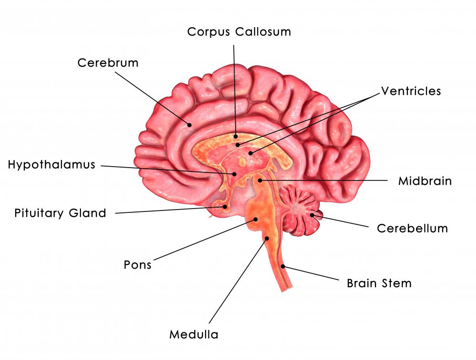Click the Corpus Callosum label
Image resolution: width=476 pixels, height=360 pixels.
coord(239,32)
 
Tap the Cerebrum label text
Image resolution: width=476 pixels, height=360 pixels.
coord(108,63)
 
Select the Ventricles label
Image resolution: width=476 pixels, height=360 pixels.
coord(411,91)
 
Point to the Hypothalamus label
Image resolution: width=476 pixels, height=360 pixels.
coord(51,165)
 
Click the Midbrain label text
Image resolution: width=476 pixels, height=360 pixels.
coord(425,181)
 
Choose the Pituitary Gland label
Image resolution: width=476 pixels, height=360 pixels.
coord(60,213)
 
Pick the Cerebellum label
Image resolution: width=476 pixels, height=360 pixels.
coord(412,229)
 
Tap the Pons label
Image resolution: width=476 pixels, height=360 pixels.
coord(138,265)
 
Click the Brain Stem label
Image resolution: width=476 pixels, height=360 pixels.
coord(379,283)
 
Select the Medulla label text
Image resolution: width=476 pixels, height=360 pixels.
coord(194,334)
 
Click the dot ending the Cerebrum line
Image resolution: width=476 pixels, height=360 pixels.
coord(189,125)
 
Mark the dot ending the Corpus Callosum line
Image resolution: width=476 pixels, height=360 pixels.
coord(236,137)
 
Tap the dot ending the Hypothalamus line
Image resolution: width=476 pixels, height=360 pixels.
coord(234,174)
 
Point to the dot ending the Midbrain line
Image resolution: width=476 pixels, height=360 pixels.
coord(260,180)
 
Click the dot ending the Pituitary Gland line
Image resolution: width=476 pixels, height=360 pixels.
coord(225,207)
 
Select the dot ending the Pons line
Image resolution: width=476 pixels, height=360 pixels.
coord(256,219)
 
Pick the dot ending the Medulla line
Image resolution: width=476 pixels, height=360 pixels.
coord(267,239)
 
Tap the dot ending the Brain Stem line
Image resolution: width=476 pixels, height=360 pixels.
coord(283,267)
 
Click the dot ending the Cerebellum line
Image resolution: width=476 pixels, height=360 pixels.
coord(312,215)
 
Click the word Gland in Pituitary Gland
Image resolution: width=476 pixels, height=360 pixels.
coord(88,213)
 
